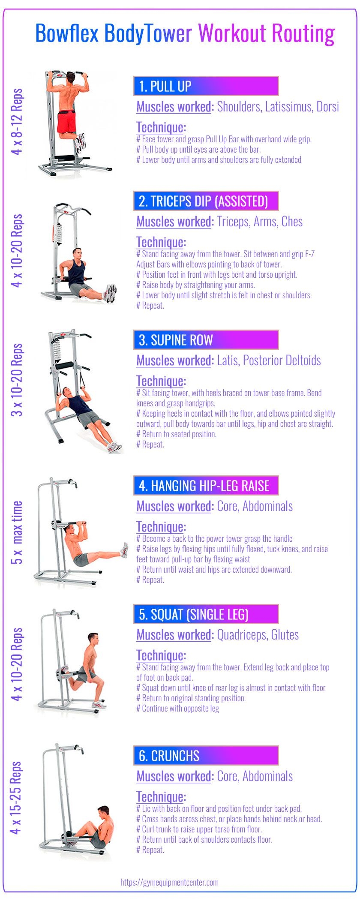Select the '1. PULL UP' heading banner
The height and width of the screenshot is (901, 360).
206,86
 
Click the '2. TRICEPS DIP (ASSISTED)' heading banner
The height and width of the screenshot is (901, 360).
206,201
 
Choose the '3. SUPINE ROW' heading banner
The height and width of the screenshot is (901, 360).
206,340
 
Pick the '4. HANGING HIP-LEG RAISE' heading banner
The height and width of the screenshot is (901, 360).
206,486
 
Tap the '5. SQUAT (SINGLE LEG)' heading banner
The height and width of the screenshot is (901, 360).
206,614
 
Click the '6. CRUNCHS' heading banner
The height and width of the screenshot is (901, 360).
206,755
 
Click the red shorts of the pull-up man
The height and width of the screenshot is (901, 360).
66,122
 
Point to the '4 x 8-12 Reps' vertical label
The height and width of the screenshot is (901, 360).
17,122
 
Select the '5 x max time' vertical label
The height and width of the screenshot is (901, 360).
17,533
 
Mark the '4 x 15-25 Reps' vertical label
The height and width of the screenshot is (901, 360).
16,798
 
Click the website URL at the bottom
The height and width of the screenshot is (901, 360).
170,882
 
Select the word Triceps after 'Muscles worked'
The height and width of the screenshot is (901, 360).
232,222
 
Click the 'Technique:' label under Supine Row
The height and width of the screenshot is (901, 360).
161,381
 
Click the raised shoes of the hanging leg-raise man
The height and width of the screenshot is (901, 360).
124,550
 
